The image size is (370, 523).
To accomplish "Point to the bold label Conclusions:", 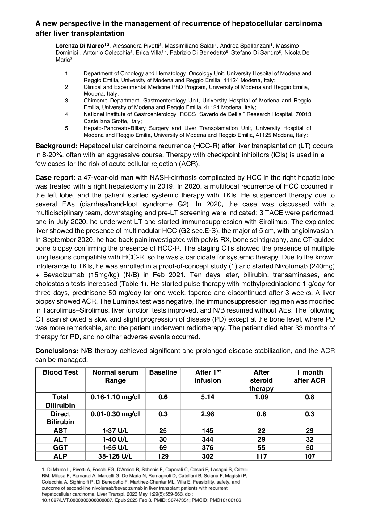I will tap(57, 351).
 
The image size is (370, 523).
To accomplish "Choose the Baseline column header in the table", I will tap(163, 372).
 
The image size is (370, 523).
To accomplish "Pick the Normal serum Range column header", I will tap(115, 376).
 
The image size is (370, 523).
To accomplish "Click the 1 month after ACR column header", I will tap(309, 376).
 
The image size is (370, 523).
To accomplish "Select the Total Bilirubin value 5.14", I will tap(208, 397).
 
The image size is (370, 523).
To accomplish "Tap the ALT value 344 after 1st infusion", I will tap(208, 439).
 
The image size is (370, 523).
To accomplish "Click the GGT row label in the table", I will tap(60, 448).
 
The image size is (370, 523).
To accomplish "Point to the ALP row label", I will tap(60, 456).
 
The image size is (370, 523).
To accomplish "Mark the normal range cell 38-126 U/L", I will tap(115, 456).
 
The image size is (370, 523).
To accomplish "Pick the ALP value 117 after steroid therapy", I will tap(261, 456).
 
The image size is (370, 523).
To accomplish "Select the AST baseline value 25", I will tap(163, 431).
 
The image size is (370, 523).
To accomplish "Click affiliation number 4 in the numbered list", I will tap(66, 114).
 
